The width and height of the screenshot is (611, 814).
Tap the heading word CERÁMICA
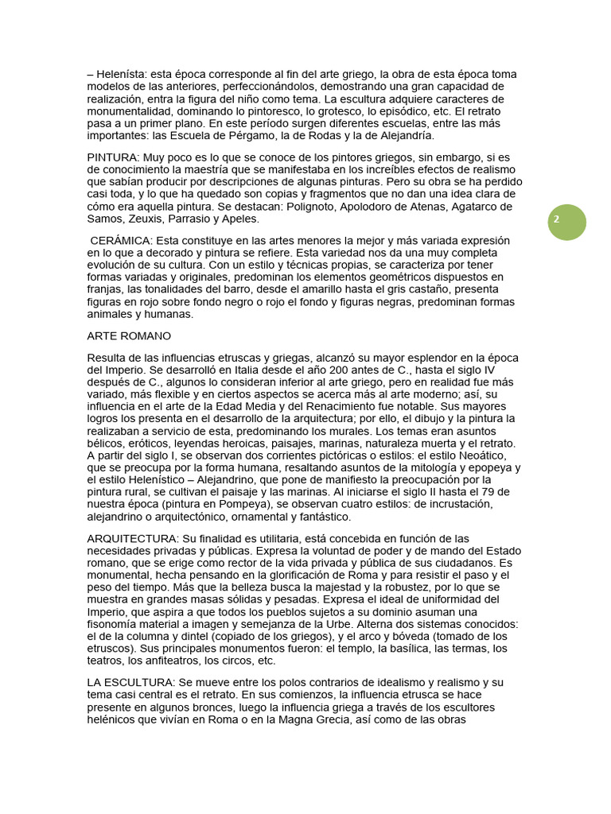coord(122,241)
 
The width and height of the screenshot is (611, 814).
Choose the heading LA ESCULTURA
coord(130,683)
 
